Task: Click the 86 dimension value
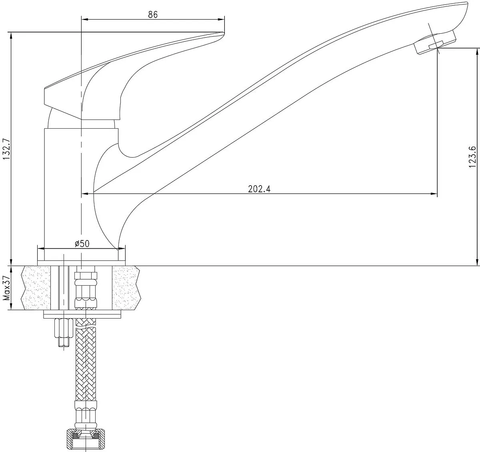(153, 14)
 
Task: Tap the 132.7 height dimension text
(6, 149)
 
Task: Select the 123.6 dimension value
(472, 157)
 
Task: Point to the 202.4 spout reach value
(259, 189)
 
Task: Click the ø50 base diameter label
(82, 244)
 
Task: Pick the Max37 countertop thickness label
(7, 288)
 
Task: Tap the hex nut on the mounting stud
(64, 328)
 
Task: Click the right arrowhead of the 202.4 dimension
(434, 194)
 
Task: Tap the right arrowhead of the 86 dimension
(221, 19)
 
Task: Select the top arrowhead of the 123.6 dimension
(477, 51)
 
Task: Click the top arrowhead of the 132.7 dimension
(11, 36)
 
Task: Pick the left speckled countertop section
(36, 288)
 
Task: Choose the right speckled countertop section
(126, 288)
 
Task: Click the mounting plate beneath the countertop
(82, 314)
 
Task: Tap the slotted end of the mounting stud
(64, 343)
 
